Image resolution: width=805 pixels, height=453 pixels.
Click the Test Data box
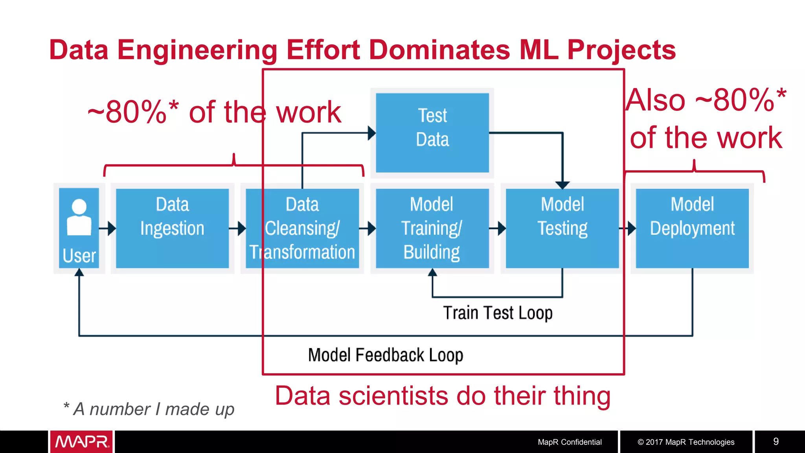click(432, 133)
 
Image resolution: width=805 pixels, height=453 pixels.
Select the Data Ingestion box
click(172, 228)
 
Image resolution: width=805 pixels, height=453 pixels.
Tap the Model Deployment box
click(692, 228)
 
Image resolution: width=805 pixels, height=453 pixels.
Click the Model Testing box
click(562, 228)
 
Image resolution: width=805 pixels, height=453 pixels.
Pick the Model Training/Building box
click(432, 228)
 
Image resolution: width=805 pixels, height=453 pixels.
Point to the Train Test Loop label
click(498, 313)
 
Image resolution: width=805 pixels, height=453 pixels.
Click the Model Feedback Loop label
click(385, 355)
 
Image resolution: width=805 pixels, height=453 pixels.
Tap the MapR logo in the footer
click(81, 442)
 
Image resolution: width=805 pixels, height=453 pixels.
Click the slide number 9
click(776, 441)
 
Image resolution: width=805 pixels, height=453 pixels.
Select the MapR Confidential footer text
click(569, 442)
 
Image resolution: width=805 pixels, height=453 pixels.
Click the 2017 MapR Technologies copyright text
click(686, 442)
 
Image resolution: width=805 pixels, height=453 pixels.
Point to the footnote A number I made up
click(149, 409)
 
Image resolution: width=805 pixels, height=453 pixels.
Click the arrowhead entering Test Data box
click(371, 133)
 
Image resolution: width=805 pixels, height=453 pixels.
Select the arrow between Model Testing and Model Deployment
click(628, 228)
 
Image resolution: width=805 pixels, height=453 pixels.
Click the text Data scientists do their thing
click(443, 396)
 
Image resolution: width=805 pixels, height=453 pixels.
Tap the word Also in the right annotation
click(656, 100)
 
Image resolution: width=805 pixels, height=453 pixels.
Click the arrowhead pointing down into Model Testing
click(562, 185)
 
